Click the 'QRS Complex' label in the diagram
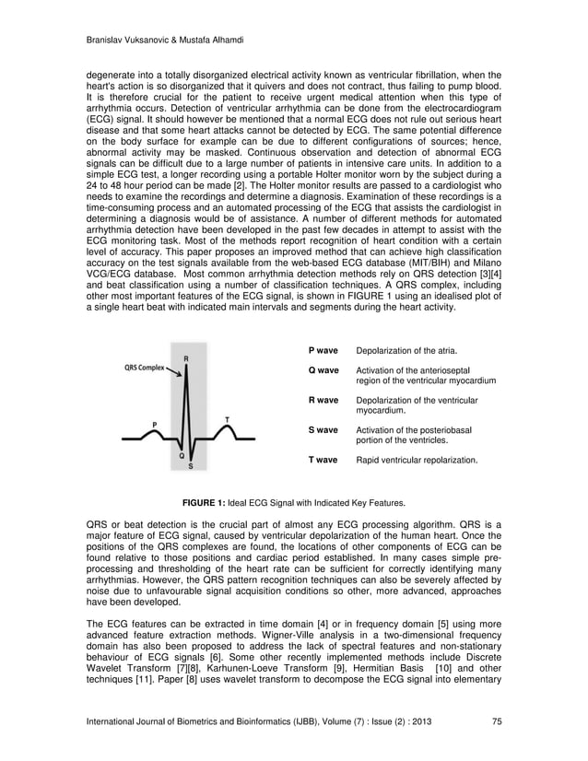click(145, 366)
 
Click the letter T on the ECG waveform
click(227, 419)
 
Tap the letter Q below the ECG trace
click(181, 455)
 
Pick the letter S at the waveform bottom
click(191, 466)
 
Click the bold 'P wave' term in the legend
click(323, 351)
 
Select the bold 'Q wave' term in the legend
click(323, 370)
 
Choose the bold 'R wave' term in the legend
click(323, 401)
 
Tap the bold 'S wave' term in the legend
click(323, 430)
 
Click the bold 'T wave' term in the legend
click(323, 459)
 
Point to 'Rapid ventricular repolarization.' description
click(417, 459)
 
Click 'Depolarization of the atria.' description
click(406, 351)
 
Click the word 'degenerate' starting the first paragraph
click(110, 76)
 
